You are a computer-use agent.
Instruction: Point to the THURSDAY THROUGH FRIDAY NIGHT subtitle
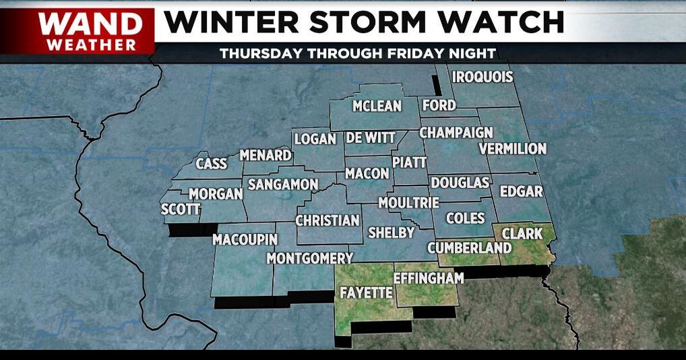point(358,53)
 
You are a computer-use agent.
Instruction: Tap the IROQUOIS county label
point(482,77)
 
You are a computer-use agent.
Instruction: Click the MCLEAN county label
point(377,106)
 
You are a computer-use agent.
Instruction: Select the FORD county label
point(439,105)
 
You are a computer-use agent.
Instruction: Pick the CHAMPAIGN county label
point(456,133)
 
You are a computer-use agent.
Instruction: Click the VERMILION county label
point(512,148)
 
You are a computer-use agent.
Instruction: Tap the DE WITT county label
point(371,138)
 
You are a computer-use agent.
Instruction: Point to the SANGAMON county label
point(282,184)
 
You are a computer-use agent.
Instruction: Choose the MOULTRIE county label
point(408,202)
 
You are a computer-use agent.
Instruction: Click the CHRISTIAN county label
point(328,220)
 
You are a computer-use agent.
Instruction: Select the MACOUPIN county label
point(245,239)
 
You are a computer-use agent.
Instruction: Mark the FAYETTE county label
point(367,293)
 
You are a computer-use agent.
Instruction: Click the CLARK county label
point(522,233)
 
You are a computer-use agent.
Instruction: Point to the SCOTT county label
point(181,210)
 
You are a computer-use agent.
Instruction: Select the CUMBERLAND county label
point(469,248)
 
